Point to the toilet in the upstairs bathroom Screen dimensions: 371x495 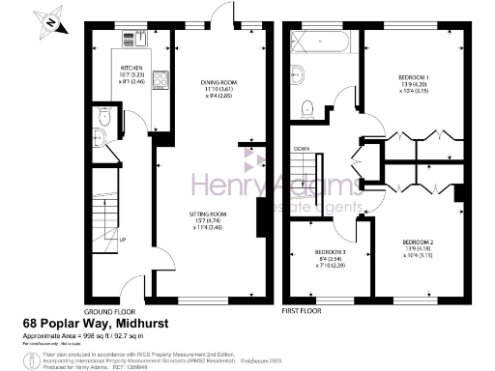306,107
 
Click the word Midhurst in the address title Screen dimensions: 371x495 170,325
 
